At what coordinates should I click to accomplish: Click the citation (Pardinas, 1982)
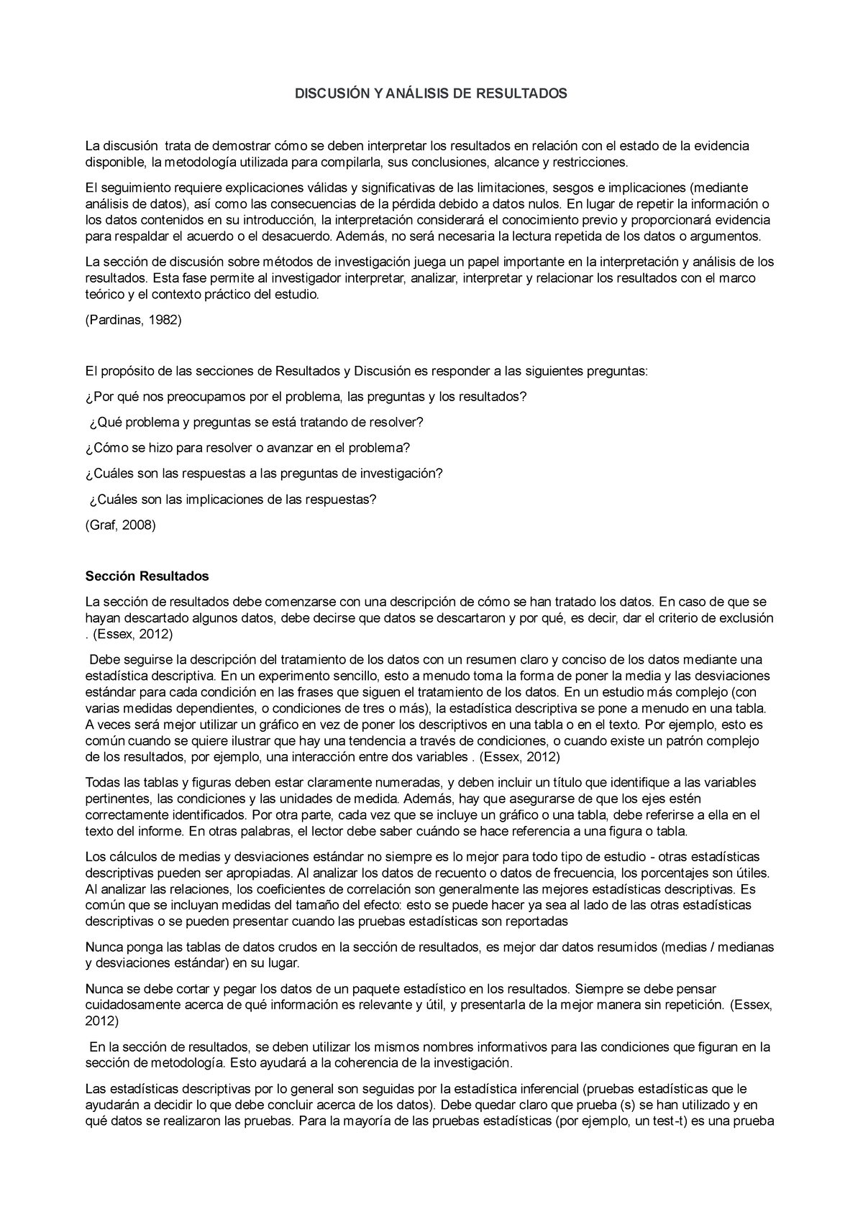point(133,321)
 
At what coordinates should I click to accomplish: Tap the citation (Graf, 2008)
point(120,525)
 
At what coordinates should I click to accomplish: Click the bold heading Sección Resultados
point(147,576)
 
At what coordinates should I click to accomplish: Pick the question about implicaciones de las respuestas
point(233,499)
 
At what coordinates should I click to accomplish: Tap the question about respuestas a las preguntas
point(264,474)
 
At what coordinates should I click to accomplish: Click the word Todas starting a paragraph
point(101,782)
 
